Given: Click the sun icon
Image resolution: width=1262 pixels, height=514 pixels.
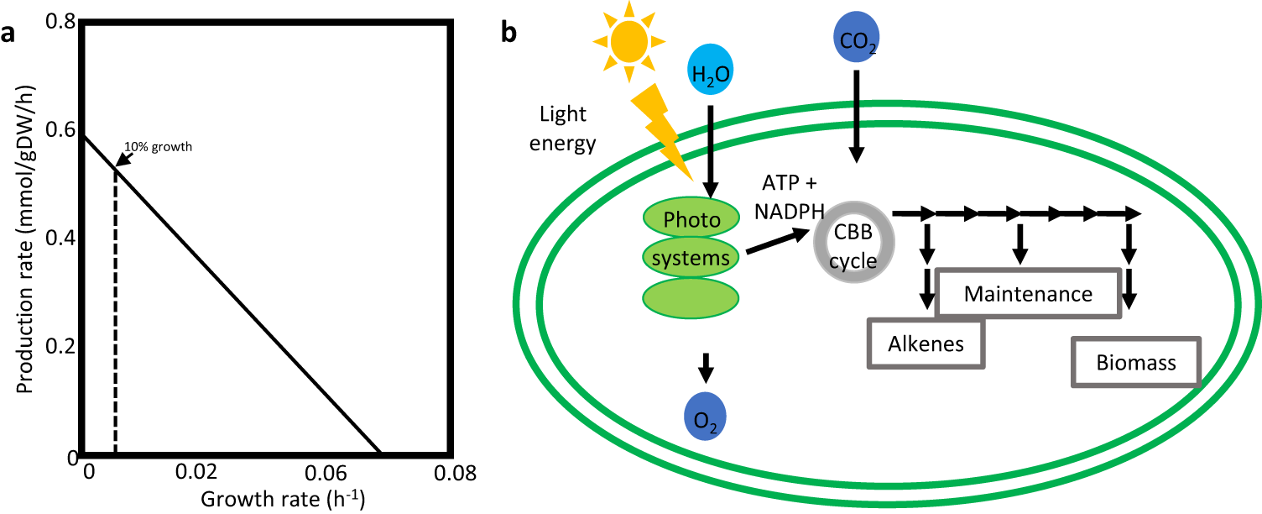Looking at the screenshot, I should (x=628, y=39).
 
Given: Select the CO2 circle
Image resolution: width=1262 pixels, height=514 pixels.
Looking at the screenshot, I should (x=856, y=39).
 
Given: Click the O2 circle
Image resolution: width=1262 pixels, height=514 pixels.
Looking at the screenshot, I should (x=705, y=417).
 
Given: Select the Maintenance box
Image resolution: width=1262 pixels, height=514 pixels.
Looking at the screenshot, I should (x=1028, y=294).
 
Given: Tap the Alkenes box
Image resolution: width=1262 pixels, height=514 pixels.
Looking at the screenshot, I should (x=926, y=343).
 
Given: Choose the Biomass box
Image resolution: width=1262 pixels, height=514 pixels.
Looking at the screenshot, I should (x=1136, y=363).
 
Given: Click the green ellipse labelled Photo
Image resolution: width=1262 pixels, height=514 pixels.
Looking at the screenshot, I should (x=691, y=220).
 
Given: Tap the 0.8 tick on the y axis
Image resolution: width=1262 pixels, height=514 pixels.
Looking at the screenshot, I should (x=55, y=24).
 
